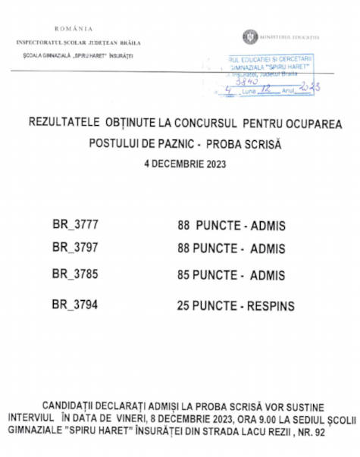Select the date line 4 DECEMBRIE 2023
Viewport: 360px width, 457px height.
click(x=185, y=163)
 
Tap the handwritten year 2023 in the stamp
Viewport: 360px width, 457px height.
click(x=309, y=88)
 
